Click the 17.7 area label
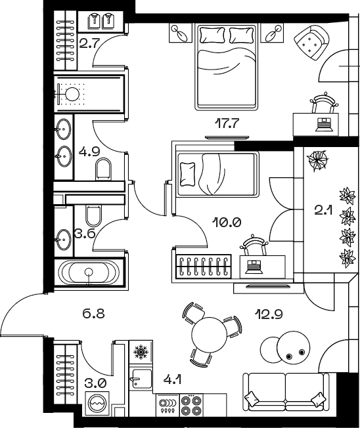click(227, 123)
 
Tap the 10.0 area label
click(227, 223)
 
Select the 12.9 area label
click(269, 314)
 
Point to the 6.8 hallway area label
click(93, 314)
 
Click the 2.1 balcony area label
click(323, 210)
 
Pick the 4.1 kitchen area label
click(173, 379)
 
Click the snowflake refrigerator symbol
click(141, 352)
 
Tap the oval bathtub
click(89, 272)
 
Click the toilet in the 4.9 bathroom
click(104, 169)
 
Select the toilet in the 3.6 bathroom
click(94, 215)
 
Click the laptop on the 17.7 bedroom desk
click(324, 124)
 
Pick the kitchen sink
click(141, 378)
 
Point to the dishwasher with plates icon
click(167, 405)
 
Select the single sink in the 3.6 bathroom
click(64, 240)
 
